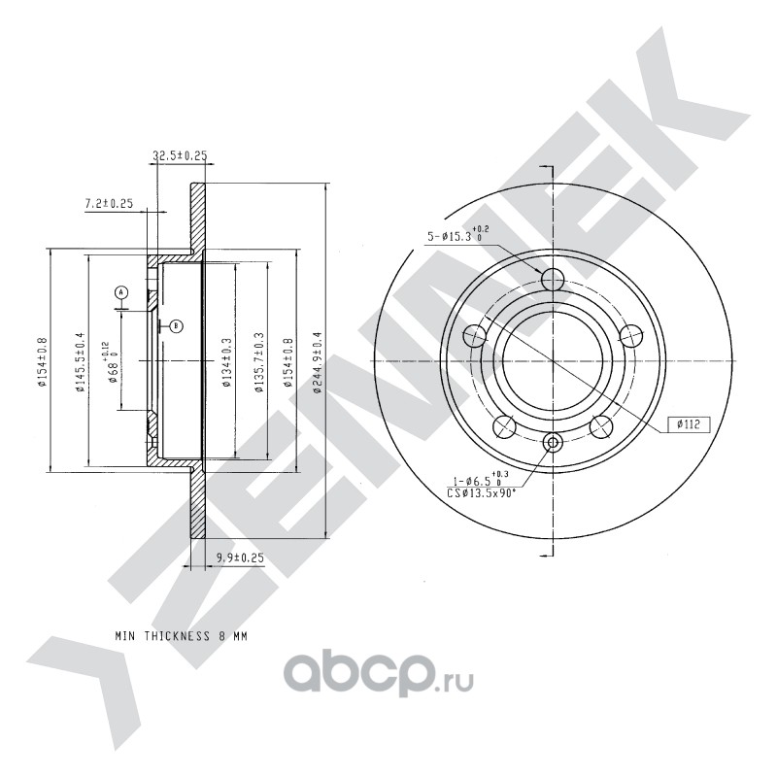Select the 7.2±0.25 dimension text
(x=109, y=203)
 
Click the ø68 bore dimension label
(x=114, y=361)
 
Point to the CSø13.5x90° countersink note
(x=482, y=492)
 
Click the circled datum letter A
(x=121, y=291)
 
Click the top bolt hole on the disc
(x=553, y=280)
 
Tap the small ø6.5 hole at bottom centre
(x=553, y=444)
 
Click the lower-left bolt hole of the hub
(x=504, y=426)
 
